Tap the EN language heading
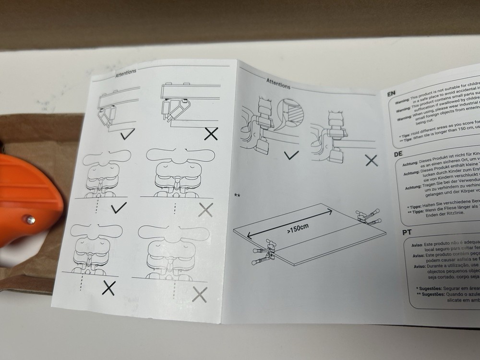(x=392, y=93)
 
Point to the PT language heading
(x=407, y=233)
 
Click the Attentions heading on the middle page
(x=278, y=85)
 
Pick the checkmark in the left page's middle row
(x=118, y=207)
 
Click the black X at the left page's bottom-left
(x=109, y=288)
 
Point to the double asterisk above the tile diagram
(x=237, y=195)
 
